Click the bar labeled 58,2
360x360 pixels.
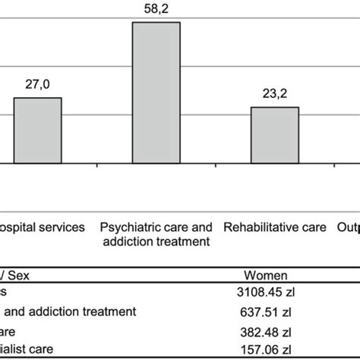(156, 92)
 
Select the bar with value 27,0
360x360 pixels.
(37, 130)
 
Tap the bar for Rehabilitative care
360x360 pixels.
(275, 134)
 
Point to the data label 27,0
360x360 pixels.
(37, 86)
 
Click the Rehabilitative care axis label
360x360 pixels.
(275, 227)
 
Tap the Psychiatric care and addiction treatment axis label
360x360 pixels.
(156, 234)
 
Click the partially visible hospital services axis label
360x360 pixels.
(43, 227)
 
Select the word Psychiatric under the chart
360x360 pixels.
(128, 227)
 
